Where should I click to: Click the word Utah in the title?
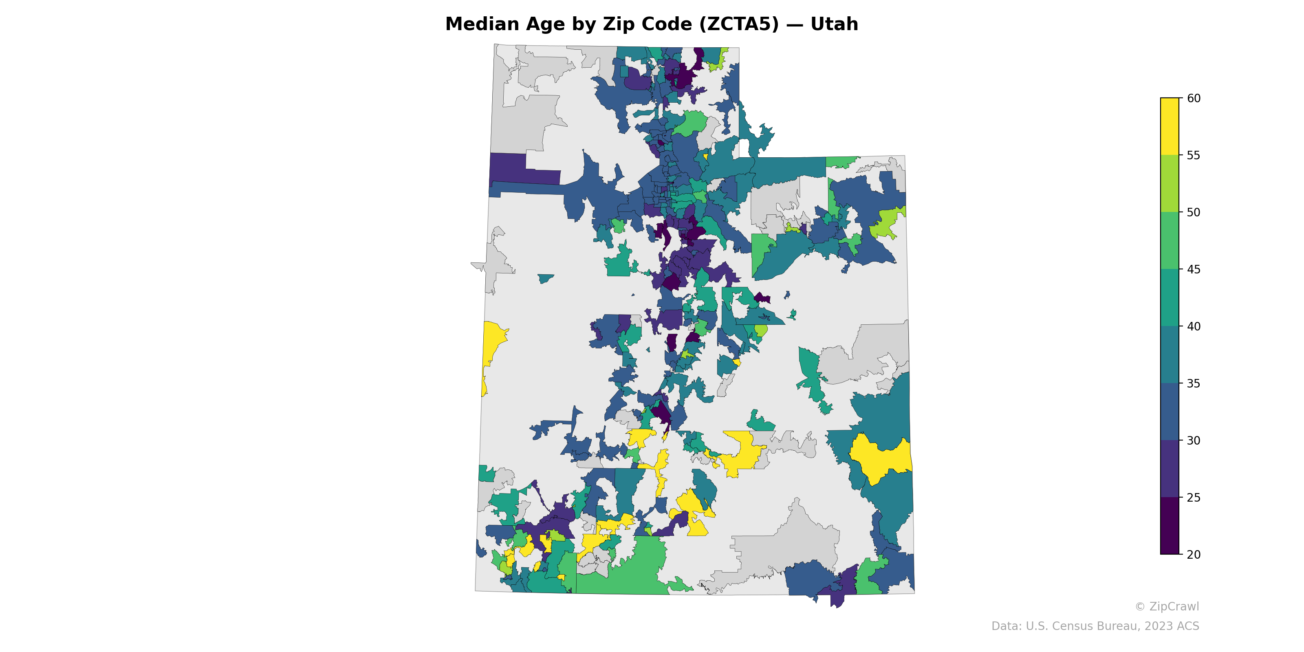834,24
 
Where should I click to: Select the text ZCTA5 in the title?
739,24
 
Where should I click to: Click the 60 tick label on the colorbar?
1193,98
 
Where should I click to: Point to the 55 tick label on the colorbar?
1193,155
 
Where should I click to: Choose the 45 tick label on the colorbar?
1193,269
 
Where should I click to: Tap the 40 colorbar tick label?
1193,326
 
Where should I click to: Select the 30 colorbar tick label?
1193,441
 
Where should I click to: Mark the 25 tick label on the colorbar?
1193,498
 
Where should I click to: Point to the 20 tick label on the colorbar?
1193,554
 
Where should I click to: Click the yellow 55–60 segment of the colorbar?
1170,127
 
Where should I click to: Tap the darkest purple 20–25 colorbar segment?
1170,526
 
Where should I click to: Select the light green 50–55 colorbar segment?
1170,184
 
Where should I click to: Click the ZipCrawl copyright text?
1167,606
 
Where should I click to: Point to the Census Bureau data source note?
1095,626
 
